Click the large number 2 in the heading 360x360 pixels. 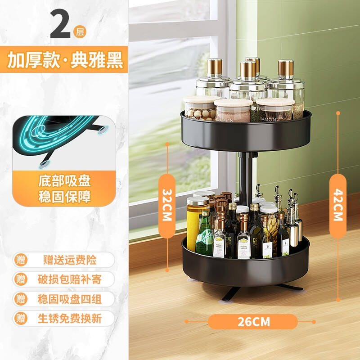click(x=60, y=24)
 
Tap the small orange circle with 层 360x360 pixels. click(x=80, y=31)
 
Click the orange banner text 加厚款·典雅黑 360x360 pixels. click(x=65, y=60)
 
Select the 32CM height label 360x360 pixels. click(x=167, y=206)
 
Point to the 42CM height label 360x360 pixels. click(x=338, y=206)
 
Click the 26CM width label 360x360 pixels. click(x=253, y=322)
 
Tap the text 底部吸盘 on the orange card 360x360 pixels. click(x=65, y=181)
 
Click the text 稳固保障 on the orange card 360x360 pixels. click(x=65, y=197)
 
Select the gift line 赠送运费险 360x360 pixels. click(x=70, y=260)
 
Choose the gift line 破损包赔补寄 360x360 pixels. click(x=70, y=279)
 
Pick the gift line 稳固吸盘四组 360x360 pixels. click(x=70, y=299)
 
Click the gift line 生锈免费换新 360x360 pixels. click(x=70, y=319)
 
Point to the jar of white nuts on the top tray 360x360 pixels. click(x=200, y=108)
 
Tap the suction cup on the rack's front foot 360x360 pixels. click(x=225, y=301)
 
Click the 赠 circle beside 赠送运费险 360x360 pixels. click(x=21, y=260)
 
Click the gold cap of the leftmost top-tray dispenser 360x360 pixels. click(x=215, y=67)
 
